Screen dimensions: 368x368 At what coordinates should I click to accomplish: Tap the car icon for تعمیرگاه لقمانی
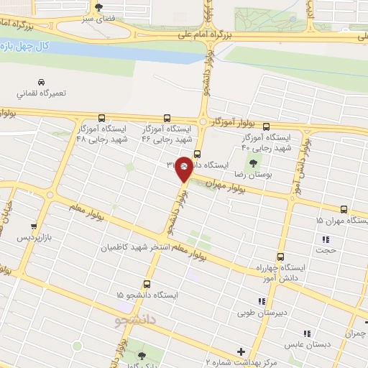point(40,82)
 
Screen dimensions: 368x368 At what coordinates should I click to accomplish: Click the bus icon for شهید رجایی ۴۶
point(167,118)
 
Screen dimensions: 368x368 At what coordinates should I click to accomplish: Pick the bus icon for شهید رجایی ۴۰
point(266,126)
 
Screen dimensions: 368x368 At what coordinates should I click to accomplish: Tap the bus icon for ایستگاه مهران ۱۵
point(344,210)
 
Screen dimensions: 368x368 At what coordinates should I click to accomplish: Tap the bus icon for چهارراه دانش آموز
point(280,257)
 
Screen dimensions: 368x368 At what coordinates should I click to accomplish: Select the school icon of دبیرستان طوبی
point(261,302)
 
